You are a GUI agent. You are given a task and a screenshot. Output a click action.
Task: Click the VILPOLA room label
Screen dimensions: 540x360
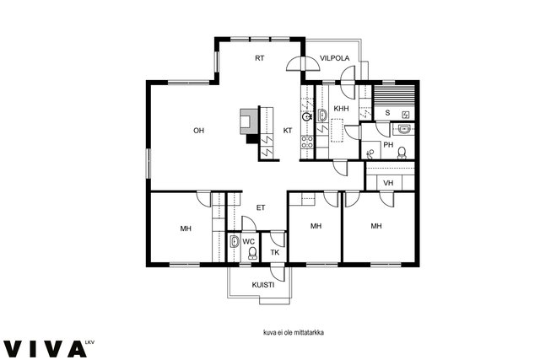click(x=334, y=58)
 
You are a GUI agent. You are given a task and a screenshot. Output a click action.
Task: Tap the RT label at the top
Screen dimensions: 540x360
click(x=260, y=58)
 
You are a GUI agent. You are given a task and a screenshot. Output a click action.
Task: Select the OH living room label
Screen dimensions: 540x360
click(x=199, y=131)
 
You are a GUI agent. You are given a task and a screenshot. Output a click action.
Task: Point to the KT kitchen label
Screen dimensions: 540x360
click(x=288, y=131)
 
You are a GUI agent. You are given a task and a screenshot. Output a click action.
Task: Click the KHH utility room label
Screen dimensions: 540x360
click(x=341, y=109)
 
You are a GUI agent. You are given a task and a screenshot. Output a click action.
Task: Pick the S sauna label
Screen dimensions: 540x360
click(x=387, y=112)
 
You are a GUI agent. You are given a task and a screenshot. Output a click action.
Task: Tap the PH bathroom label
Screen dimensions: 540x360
click(x=388, y=145)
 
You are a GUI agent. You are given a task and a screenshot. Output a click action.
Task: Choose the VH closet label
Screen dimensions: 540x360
click(x=388, y=183)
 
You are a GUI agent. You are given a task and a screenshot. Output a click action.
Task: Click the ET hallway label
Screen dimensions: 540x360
click(x=261, y=207)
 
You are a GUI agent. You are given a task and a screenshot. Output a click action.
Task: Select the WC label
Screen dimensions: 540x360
click(x=248, y=242)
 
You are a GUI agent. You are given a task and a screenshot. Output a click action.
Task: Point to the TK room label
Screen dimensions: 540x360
click(x=274, y=253)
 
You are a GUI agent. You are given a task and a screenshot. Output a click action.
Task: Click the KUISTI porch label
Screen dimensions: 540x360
click(x=263, y=285)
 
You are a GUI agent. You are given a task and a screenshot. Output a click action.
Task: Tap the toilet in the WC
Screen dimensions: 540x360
click(x=253, y=253)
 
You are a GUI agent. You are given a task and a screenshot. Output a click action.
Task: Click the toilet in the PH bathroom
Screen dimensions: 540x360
click(x=402, y=153)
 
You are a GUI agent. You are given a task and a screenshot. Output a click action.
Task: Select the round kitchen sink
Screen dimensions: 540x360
click(x=306, y=116)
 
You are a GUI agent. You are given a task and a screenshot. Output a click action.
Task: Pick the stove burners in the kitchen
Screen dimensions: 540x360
click(x=307, y=142)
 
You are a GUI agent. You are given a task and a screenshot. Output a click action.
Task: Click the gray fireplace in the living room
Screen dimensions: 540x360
click(x=249, y=121)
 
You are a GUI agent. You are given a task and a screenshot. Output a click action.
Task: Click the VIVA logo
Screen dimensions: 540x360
click(x=45, y=349)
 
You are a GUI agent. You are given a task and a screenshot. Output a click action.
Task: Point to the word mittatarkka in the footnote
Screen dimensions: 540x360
click(x=310, y=333)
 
